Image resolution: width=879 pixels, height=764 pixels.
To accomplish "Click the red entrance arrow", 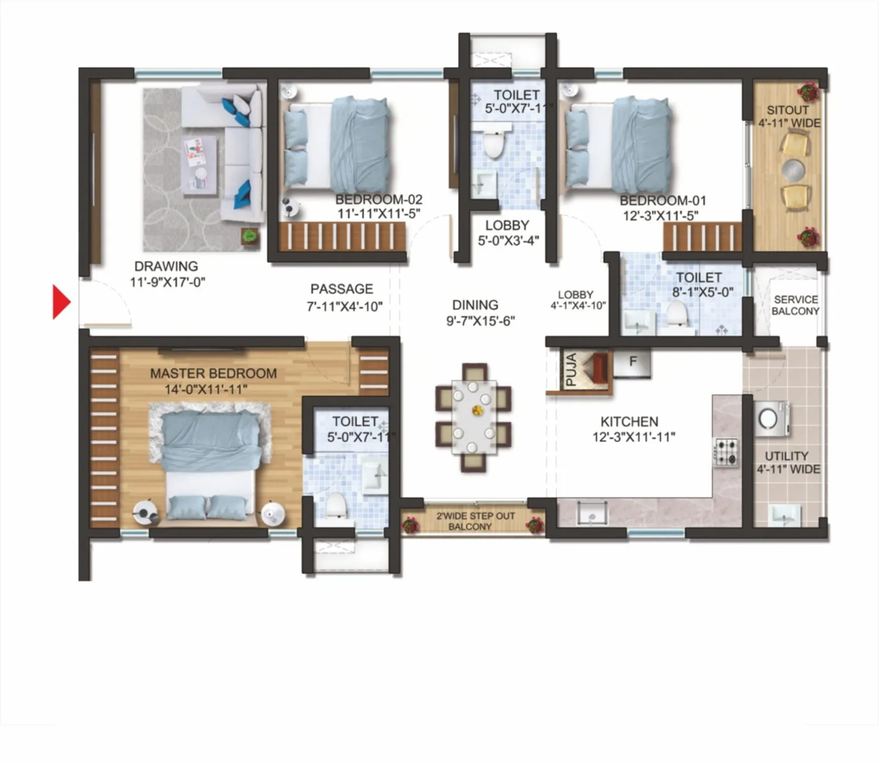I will pos(61,302).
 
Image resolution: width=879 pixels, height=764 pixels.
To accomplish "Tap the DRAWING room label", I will pos(166,267).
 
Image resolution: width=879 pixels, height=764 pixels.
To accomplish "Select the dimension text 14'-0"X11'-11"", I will pos(206,389).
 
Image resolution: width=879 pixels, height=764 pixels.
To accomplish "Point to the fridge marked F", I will pos(632,362).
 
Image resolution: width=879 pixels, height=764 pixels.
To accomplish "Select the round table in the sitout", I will pos(793,170).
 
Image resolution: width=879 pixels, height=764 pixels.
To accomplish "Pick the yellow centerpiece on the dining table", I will pos(477,410).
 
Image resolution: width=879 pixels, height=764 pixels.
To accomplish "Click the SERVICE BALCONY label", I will pos(795,305).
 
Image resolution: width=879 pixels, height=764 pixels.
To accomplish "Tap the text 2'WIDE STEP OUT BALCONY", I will pos(475,521).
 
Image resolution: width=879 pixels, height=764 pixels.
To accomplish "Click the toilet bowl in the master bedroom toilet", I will pos(336,506).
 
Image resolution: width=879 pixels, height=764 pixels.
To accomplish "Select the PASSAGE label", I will pos(341,289).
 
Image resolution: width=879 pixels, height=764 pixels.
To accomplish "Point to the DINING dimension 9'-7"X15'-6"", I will pos(480,321).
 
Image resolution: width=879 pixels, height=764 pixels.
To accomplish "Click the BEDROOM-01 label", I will pos(662,201).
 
